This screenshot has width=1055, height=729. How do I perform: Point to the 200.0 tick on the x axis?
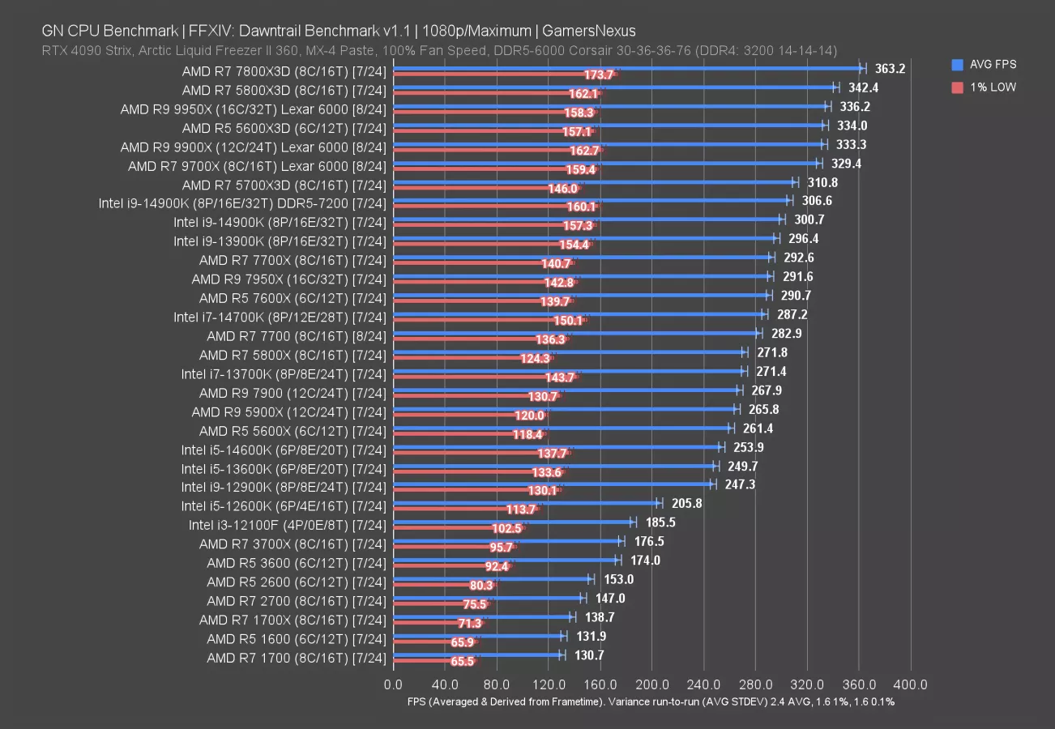click(652, 684)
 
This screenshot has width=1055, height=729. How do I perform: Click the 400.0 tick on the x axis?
click(911, 684)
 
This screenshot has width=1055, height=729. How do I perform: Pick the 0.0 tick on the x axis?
click(394, 684)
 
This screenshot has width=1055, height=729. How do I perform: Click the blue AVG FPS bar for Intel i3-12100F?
click(513, 522)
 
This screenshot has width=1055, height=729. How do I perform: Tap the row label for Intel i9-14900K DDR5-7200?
click(242, 202)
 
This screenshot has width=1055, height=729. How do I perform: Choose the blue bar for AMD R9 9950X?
click(610, 106)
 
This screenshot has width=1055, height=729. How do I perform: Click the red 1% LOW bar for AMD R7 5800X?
click(473, 359)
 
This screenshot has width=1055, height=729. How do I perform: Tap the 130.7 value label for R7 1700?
click(588, 655)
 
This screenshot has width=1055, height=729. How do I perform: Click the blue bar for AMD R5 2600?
click(492, 579)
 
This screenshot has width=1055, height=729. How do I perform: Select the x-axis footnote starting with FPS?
click(651, 701)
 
